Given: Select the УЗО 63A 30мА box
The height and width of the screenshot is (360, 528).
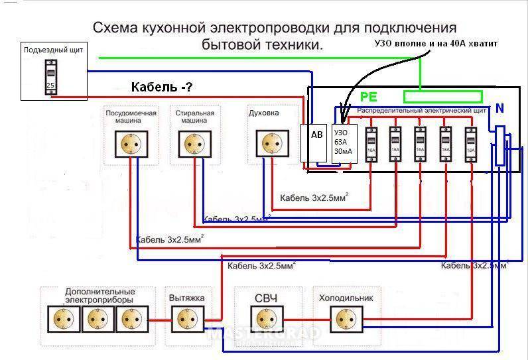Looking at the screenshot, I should [344, 142].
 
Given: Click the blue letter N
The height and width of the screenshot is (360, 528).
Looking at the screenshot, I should [499, 107].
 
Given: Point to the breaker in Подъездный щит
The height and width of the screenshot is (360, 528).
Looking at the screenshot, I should [50, 77].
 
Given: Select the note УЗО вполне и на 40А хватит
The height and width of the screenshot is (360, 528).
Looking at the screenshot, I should [436, 43].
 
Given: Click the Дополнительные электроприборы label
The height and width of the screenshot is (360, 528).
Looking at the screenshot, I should [99, 296].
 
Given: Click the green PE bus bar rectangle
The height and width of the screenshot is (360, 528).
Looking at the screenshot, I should [443, 97].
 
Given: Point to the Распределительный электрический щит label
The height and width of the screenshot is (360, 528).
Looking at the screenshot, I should [422, 110].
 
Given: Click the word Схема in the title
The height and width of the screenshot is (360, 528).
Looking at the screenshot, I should [116, 28].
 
